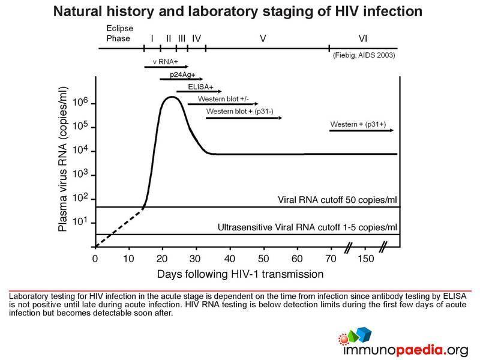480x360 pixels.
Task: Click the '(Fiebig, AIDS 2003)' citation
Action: tap(364, 56)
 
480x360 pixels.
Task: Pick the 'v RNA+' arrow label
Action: tap(162, 62)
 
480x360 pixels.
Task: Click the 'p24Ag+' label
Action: tap(178, 74)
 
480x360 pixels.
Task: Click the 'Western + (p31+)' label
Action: tap(358, 125)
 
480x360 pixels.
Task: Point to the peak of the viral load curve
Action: tap(172, 97)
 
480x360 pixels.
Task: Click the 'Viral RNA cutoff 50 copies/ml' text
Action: tap(338, 199)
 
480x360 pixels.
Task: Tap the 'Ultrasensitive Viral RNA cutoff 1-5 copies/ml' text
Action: tap(307, 227)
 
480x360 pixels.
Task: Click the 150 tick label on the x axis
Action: tap(364, 259)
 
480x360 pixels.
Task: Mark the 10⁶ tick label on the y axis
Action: tap(79, 103)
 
